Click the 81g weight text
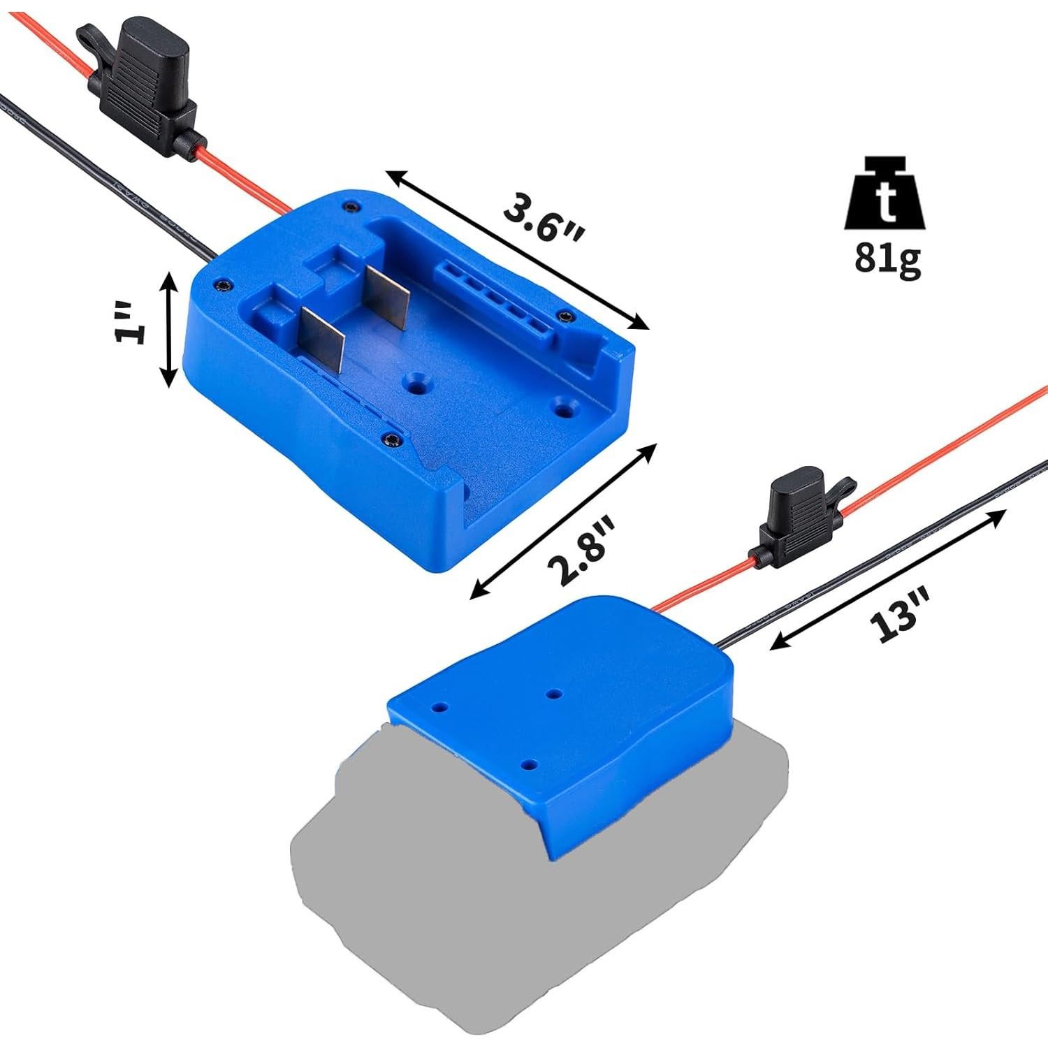886,260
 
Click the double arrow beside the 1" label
168,328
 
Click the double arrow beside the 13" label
887,580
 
